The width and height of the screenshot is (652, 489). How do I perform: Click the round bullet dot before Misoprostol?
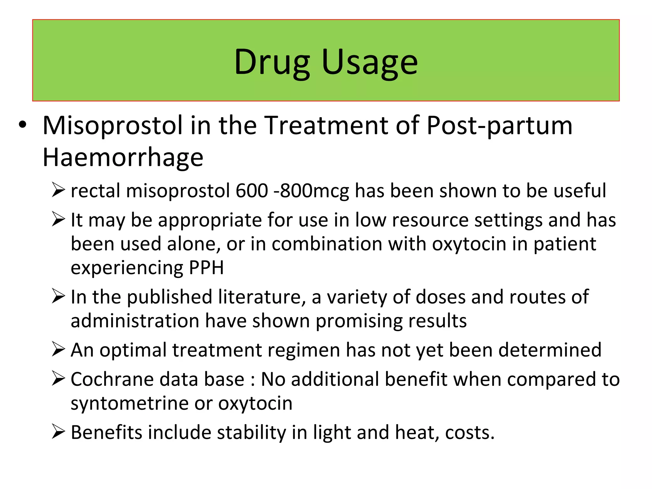(22, 125)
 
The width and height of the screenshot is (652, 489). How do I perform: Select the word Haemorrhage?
(123, 157)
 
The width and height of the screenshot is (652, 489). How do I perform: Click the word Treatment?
(327, 125)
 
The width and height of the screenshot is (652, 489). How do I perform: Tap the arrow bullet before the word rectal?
(59, 190)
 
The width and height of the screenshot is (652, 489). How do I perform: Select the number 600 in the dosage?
(252, 191)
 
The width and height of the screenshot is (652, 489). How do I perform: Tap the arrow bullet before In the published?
(59, 297)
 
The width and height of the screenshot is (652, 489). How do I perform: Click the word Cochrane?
(112, 379)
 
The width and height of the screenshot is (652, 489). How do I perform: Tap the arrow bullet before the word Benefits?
(59, 432)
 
